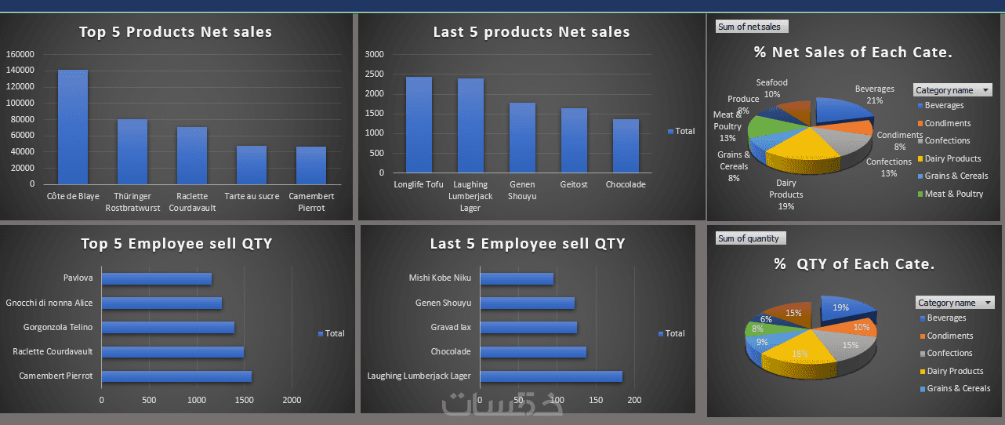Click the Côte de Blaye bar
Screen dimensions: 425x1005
(x=73, y=127)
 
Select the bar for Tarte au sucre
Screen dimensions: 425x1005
(x=251, y=165)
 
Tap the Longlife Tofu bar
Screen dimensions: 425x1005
(x=419, y=125)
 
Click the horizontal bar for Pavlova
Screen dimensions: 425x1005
(x=157, y=278)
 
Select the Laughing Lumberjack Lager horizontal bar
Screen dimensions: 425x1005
(x=550, y=376)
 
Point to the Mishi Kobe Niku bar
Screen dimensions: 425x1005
(x=517, y=278)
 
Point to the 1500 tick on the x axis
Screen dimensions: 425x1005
(x=243, y=400)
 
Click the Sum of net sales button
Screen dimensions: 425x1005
(x=752, y=27)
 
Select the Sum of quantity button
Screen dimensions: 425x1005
(x=750, y=238)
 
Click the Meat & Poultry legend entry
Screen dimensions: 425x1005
(x=953, y=194)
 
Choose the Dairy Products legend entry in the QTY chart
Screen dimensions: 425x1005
(x=954, y=371)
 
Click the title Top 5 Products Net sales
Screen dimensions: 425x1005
(x=176, y=32)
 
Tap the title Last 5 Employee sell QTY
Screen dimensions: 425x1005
(x=528, y=244)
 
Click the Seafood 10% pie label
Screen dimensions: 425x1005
(x=772, y=88)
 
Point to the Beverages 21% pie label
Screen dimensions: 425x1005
(x=874, y=94)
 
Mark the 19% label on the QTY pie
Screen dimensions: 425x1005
(x=840, y=308)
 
